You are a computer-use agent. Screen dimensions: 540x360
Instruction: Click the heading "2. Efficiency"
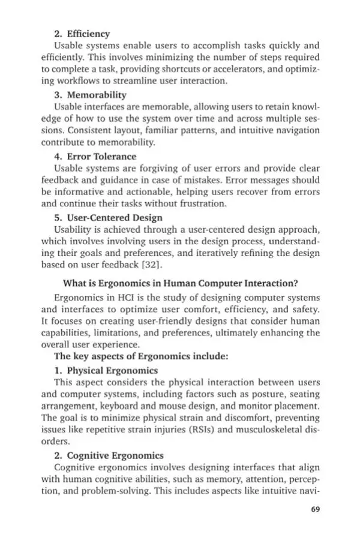[82, 34]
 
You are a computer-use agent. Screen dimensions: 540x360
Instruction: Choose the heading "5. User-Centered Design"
[108, 218]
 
